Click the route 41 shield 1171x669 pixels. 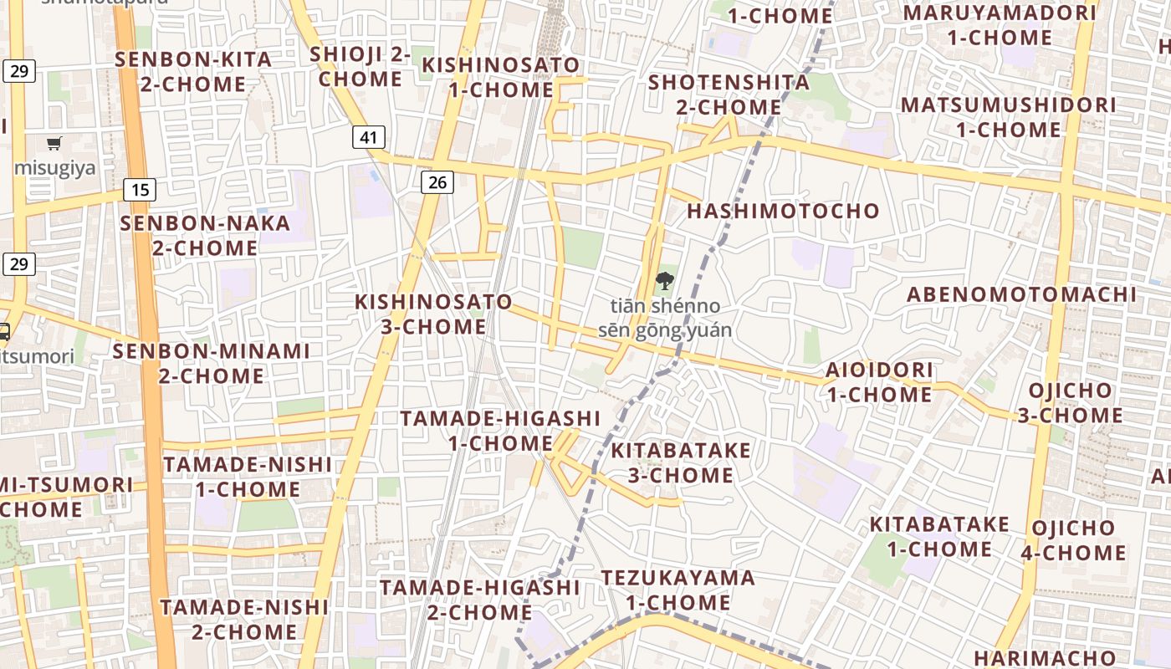pyautogui.click(x=368, y=137)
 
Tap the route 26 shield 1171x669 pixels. pyautogui.click(x=437, y=181)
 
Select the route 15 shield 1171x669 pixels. pyautogui.click(x=140, y=190)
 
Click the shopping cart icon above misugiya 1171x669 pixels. pyautogui.click(x=54, y=144)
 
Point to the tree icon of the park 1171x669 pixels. pyautogui.click(x=665, y=281)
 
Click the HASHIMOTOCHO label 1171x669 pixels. pyautogui.click(x=783, y=211)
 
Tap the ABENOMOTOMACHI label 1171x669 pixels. pyautogui.click(x=1021, y=294)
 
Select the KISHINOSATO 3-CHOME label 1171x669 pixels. pyautogui.click(x=433, y=314)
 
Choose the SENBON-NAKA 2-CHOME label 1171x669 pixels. pyautogui.click(x=205, y=236)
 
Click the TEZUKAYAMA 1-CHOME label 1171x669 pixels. pyautogui.click(x=678, y=590)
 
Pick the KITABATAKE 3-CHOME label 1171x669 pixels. pyautogui.click(x=681, y=462)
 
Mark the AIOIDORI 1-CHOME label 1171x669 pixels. pyautogui.click(x=879, y=381)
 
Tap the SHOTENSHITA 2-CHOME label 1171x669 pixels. pyautogui.click(x=729, y=94)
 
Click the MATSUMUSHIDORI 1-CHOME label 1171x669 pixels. pyautogui.click(x=1008, y=117)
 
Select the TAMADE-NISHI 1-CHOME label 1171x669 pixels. pyautogui.click(x=247, y=477)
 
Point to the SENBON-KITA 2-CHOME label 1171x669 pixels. pyautogui.click(x=192, y=72)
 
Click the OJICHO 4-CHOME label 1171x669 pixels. pyautogui.click(x=1073, y=540)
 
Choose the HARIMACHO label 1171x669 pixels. pyautogui.click(x=1044, y=657)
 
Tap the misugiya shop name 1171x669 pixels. pyautogui.click(x=54, y=167)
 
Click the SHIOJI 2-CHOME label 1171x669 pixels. pyautogui.click(x=360, y=67)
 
